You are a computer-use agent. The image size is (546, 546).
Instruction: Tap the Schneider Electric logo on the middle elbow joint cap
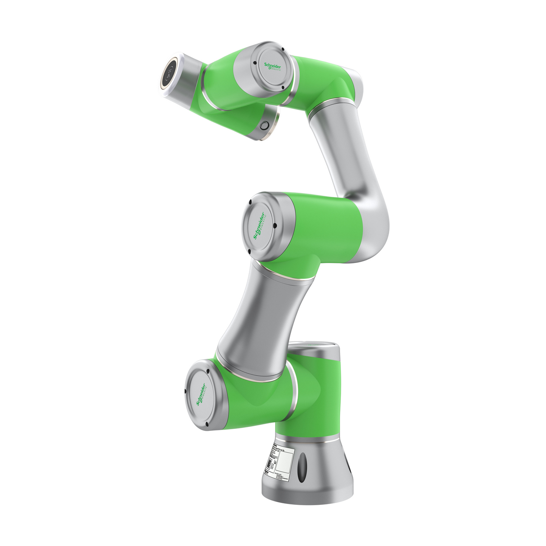(259, 226)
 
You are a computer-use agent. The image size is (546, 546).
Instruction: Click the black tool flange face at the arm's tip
(169, 73)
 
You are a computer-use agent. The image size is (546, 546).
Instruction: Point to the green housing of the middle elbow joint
(321, 227)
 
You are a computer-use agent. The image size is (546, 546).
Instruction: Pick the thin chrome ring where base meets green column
(306, 440)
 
